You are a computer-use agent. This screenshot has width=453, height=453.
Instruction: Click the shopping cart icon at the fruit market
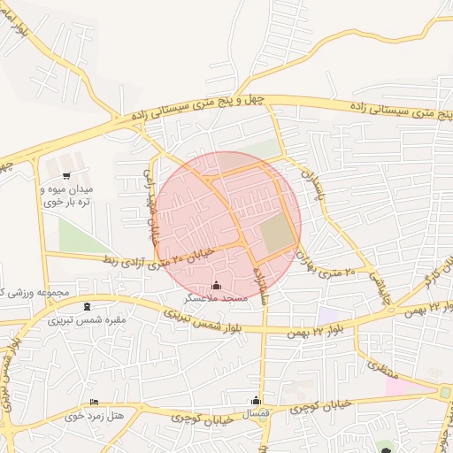(x=67, y=176)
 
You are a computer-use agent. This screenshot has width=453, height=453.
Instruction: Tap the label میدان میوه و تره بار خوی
(x=67, y=196)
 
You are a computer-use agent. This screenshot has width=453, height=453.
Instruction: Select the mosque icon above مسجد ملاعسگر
(x=218, y=286)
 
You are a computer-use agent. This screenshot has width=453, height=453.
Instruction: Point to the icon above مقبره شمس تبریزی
(x=87, y=307)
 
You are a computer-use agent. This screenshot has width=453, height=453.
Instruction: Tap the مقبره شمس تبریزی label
(x=87, y=319)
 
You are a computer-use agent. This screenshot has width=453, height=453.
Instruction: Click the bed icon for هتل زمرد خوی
(x=95, y=403)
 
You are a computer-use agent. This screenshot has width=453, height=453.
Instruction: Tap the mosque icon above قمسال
(x=257, y=400)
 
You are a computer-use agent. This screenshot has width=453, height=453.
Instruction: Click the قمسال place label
(x=257, y=413)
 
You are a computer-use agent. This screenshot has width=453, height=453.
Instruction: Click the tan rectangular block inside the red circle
(x=278, y=233)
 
